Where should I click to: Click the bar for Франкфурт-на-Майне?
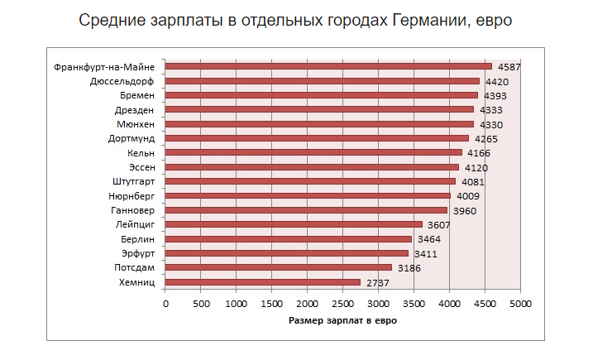coord(328,66)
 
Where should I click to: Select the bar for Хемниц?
coord(263,282)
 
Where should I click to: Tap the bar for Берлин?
coord(289,239)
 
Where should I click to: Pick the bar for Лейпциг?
coord(294,224)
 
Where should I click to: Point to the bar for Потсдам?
coord(279,267)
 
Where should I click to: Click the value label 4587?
coord(509,67)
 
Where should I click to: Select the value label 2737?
coord(377,283)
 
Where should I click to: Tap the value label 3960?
coord(464,211)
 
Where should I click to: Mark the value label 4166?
coord(479,153)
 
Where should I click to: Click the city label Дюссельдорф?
coord(122,81)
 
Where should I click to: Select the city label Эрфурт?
coord(137,253)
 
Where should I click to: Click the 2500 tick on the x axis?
coord(342,304)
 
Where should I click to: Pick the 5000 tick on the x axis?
coord(519,304)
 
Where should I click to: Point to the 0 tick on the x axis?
coord(165,304)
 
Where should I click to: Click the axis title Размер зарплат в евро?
coord(342,320)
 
